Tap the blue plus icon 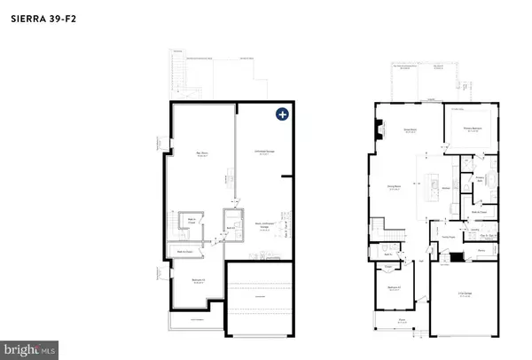[x=282, y=113]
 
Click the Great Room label [x=410, y=129]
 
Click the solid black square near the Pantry [x=457, y=257]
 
